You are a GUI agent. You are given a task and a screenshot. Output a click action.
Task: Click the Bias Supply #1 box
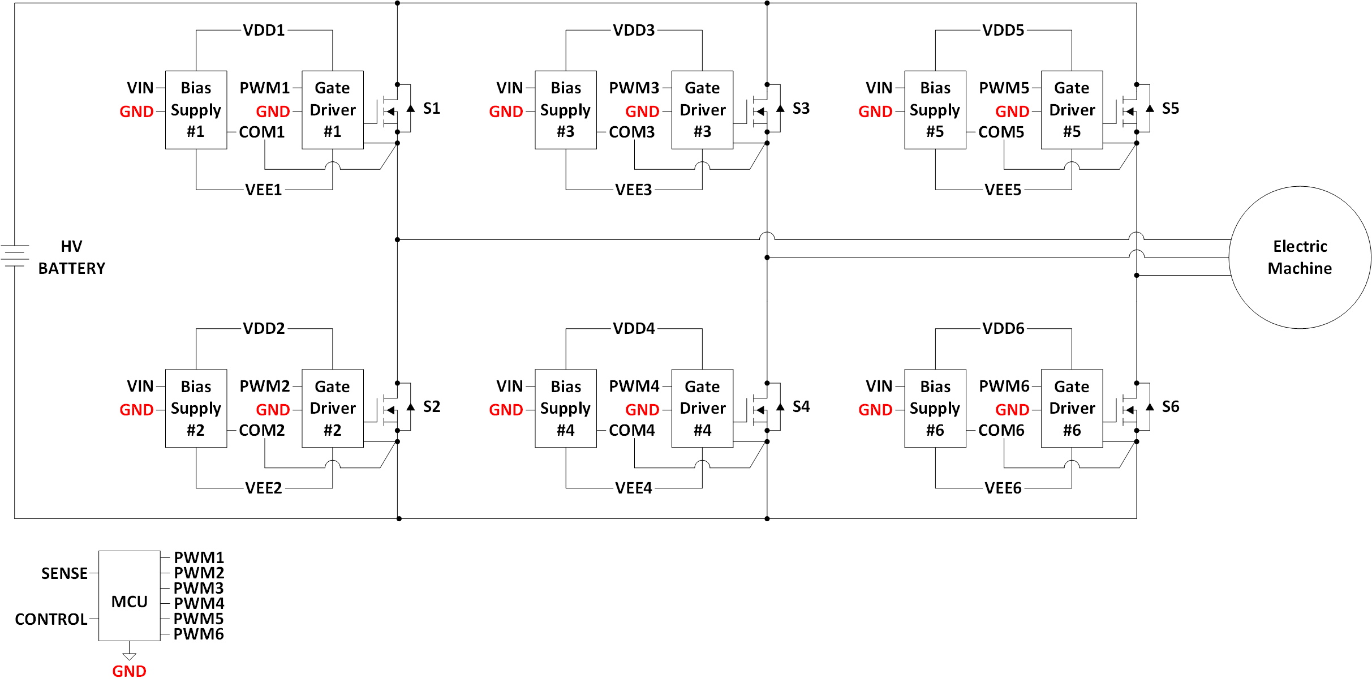[x=196, y=110]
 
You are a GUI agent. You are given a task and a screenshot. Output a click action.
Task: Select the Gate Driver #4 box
[x=702, y=408]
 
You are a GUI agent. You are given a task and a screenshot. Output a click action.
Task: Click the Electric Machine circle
[x=1300, y=257]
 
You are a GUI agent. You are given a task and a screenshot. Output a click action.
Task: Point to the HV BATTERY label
[x=71, y=257]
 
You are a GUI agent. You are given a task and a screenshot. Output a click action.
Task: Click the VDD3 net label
[x=634, y=30]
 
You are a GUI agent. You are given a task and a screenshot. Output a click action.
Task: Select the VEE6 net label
[x=1003, y=488]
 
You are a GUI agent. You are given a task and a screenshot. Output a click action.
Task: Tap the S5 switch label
[x=1170, y=108]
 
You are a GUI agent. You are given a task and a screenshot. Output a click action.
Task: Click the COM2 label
[x=261, y=430]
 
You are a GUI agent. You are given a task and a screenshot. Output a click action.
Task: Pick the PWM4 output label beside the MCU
[x=199, y=603]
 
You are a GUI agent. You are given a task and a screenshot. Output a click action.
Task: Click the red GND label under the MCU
[x=129, y=671]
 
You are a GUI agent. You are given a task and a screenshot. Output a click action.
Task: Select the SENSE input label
[x=64, y=573]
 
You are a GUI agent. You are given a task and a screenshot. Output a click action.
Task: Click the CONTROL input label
[x=51, y=619]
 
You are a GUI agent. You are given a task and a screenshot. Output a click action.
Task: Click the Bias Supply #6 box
[x=935, y=408]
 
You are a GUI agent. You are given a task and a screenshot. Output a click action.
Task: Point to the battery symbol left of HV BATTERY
[x=15, y=255]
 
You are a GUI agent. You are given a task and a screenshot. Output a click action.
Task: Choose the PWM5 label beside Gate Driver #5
[x=1004, y=88]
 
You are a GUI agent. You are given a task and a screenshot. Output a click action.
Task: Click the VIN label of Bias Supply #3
[x=509, y=88]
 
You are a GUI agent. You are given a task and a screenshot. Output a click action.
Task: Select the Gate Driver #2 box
[x=333, y=408]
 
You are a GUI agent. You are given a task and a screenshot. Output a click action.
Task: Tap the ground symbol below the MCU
[x=129, y=655]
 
